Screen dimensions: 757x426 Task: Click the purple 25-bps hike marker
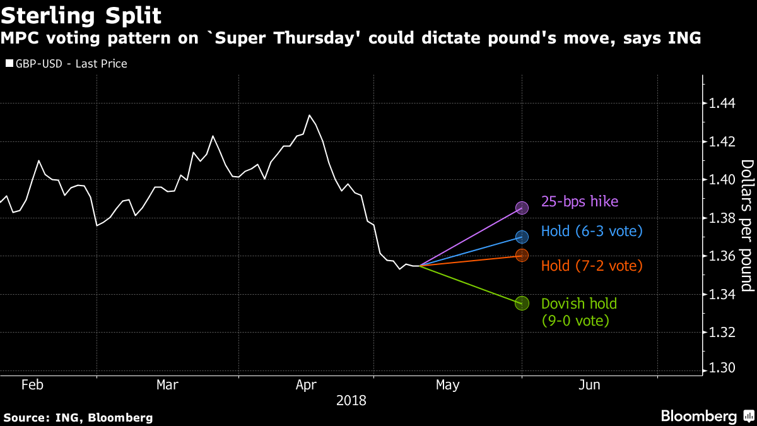click(522, 208)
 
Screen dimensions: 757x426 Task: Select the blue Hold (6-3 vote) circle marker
click(522, 237)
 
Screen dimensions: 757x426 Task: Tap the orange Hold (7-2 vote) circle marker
click(522, 255)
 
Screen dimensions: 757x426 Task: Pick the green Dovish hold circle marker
click(522, 304)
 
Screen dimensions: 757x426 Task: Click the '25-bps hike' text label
click(580, 201)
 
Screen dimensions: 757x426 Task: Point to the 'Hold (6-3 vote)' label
click(592, 231)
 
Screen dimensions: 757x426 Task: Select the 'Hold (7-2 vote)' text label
click(592, 266)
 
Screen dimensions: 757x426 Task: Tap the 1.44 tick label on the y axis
click(722, 104)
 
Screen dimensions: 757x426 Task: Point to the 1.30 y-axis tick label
click(722, 367)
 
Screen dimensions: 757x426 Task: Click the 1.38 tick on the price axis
click(722, 218)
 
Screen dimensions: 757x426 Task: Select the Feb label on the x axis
click(32, 385)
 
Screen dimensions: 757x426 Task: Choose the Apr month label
click(306, 386)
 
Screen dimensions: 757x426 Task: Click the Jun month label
click(589, 385)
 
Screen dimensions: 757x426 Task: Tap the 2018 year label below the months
click(351, 401)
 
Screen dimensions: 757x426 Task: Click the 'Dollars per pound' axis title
click(748, 226)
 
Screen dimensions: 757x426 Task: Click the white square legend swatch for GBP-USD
click(9, 63)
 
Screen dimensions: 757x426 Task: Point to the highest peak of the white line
click(309, 115)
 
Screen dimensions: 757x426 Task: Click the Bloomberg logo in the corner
click(707, 416)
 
